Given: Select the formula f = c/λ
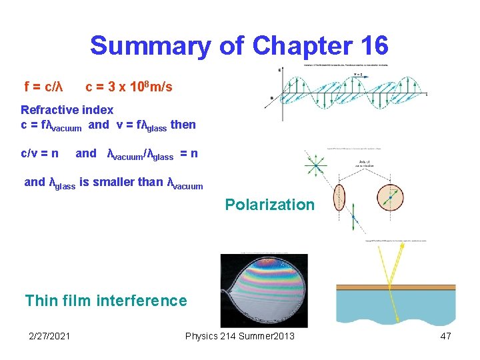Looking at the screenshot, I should [43, 87].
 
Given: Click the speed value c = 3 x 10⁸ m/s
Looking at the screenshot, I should [129, 87].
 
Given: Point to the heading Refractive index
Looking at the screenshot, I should [67, 109].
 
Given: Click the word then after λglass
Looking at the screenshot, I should [183, 124].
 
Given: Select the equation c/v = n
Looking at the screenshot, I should [39, 153].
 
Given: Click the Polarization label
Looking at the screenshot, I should [269, 205].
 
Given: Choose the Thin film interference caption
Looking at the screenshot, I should [106, 301].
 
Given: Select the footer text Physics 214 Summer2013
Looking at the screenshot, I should [239, 336].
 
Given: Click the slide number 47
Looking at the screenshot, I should [445, 336].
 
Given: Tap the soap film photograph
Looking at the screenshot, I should [264, 291].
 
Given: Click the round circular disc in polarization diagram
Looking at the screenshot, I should [390, 198].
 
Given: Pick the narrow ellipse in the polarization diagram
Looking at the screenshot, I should [339, 198].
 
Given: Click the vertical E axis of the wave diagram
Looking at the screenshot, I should [281, 93].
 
